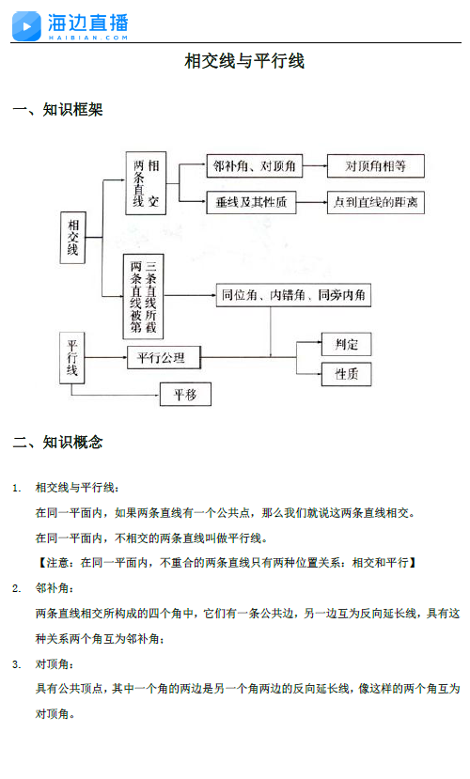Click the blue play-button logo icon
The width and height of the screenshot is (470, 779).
coord(26,25)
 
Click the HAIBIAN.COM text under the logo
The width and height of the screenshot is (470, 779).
coord(88,38)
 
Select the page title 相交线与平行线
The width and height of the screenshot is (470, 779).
coord(244,61)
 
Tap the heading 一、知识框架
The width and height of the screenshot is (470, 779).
coord(57,110)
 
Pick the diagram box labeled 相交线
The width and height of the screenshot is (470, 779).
coord(72,238)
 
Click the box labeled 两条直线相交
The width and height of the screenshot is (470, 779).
coord(146,183)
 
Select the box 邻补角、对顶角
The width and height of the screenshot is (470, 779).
coord(255,166)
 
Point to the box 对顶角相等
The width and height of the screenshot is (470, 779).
coord(376,166)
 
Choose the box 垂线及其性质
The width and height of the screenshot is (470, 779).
coord(251,202)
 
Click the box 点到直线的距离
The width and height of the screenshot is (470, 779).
coord(376,202)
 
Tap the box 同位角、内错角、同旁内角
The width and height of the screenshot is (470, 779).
coord(293,295)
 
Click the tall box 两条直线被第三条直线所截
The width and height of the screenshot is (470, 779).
coord(143,297)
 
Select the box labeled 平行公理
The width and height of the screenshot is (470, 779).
coord(164,358)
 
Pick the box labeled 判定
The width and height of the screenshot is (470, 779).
coord(346,344)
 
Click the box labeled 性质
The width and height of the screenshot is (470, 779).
coord(346,374)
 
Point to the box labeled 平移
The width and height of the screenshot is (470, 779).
coord(185,395)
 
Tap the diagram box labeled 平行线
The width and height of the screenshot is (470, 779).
coord(72,358)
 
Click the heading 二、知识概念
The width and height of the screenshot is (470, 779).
coord(57,443)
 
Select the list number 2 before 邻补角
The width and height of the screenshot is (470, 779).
coord(16,589)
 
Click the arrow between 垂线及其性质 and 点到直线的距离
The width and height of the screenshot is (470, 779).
coord(311,202)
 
